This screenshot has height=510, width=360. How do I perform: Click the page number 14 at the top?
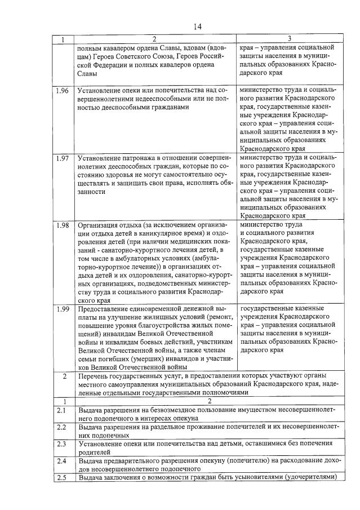(198, 26)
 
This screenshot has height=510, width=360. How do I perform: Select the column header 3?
(288, 39)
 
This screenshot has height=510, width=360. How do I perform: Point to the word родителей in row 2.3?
(95, 452)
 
